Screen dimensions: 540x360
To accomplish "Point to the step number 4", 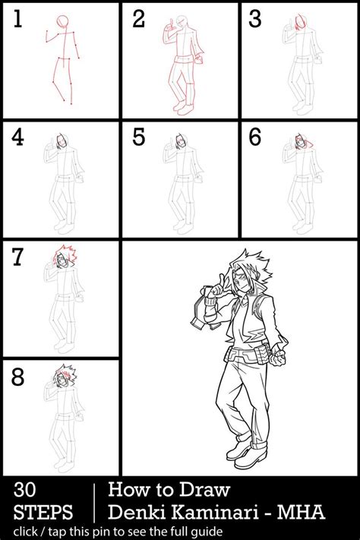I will pyautogui.click(x=17, y=138).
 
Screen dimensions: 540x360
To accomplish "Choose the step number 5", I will pyautogui.click(x=138, y=138).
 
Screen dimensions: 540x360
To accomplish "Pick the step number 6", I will pyautogui.click(x=255, y=138).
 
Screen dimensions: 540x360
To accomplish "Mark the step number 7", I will pyautogui.click(x=17, y=257).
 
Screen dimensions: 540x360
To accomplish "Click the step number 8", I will pyautogui.click(x=17, y=376).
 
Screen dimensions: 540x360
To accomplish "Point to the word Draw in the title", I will pyautogui.click(x=208, y=490).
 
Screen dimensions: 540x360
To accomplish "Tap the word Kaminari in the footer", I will pyautogui.click(x=215, y=513).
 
